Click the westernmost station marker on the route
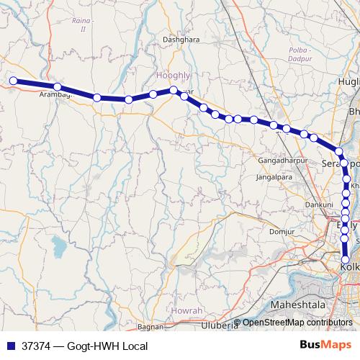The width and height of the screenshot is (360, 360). point(12,81)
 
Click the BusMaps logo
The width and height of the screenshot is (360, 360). point(326,346)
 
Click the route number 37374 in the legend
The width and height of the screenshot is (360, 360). point(37,346)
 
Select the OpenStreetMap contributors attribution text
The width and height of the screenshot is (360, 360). point(297,323)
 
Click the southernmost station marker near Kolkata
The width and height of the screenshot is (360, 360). point(346,260)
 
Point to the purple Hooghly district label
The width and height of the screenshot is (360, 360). point(173,75)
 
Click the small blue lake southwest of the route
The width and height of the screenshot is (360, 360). point(58,248)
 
